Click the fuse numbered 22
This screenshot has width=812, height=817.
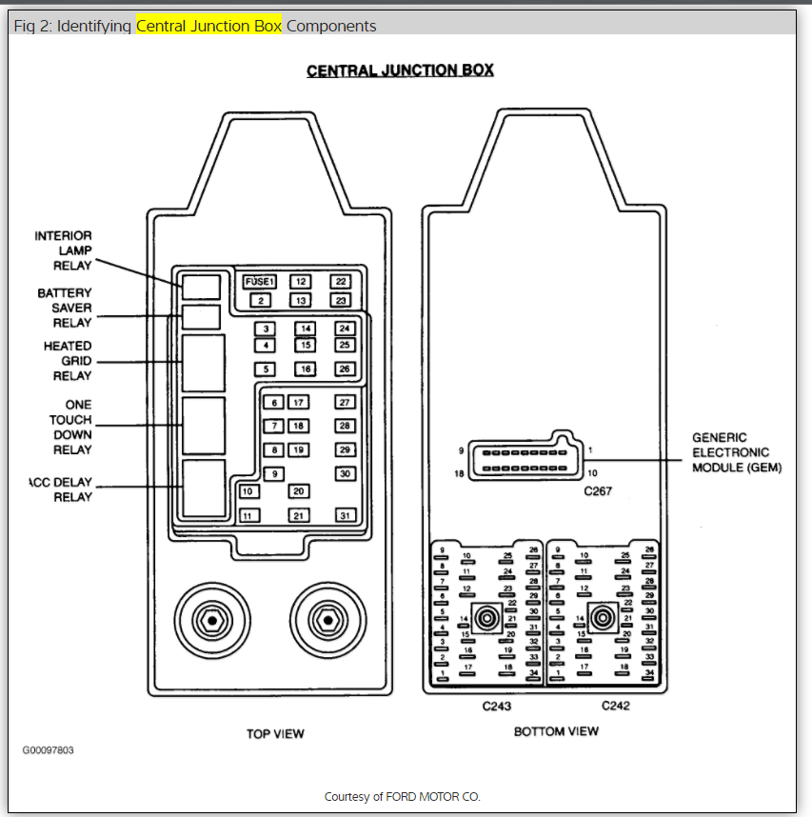[x=342, y=282]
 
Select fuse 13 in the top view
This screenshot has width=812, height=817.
[x=300, y=301]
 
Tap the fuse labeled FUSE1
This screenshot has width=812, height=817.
[x=259, y=282]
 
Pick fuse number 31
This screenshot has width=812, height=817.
[x=345, y=515]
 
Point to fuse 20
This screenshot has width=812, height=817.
[x=299, y=491]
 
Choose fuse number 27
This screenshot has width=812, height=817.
[x=345, y=403]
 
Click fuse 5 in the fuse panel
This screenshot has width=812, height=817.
[x=267, y=369]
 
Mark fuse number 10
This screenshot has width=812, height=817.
[x=248, y=491]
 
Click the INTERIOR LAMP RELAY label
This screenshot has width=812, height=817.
[x=64, y=250]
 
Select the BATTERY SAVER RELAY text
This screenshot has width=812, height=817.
[x=65, y=308]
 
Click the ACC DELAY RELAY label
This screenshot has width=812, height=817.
[x=62, y=489]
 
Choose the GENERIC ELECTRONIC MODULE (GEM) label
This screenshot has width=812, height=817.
[x=736, y=452]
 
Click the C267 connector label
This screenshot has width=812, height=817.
[x=600, y=491]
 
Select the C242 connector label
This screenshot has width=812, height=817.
[x=616, y=706]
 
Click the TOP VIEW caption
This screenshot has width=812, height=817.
[x=275, y=733]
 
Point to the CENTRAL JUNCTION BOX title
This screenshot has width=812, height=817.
[x=400, y=71]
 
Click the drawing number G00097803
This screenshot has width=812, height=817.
[x=49, y=750]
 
